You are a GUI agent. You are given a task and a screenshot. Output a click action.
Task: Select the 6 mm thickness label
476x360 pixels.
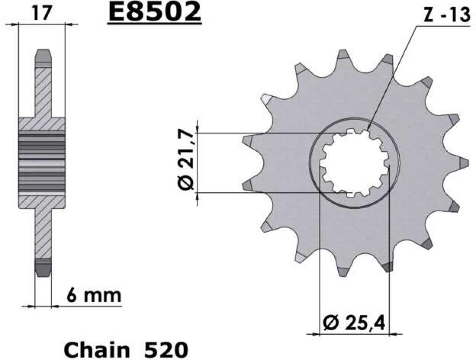(x=94, y=296)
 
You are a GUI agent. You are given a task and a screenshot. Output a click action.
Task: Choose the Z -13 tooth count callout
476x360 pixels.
(x=446, y=15)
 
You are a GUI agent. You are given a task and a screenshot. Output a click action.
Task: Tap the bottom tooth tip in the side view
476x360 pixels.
(x=43, y=268)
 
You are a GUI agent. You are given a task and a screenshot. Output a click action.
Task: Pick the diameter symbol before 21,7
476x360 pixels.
(x=185, y=182)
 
